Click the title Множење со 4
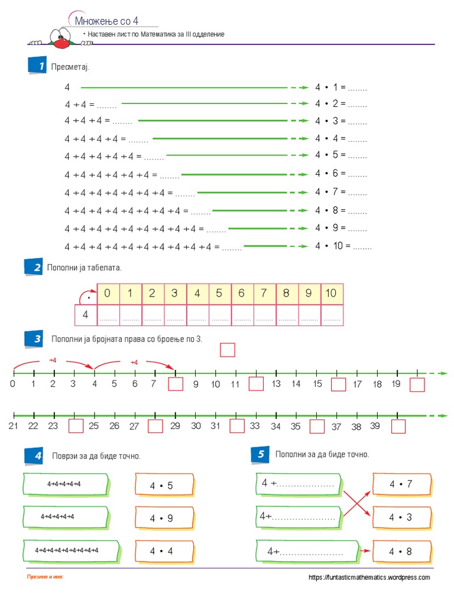106,21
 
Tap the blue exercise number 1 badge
37,66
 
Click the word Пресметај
70,67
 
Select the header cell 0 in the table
107,293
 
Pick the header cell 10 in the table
331,293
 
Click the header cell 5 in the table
219,293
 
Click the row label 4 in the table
85,315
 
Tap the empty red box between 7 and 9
176,385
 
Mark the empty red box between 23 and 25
76,426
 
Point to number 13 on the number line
276,384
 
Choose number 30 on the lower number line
195,425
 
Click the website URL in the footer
369,578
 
